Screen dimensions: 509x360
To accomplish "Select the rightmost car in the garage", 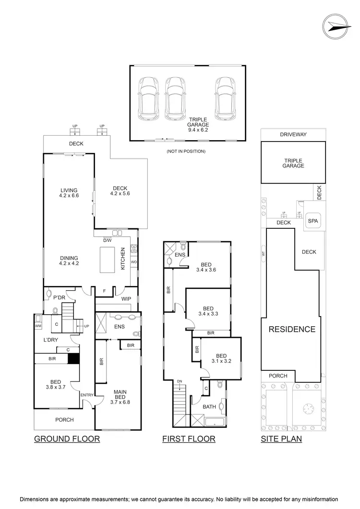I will (225, 99).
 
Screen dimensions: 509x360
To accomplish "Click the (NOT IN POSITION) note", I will (186, 151).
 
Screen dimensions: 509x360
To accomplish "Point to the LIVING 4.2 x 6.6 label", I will (69, 192).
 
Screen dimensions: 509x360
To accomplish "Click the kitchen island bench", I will (107, 260).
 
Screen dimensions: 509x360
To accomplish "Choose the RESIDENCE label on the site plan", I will (291, 329).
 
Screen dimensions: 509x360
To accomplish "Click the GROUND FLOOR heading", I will (67, 438).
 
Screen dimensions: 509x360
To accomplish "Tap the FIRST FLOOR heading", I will (189, 438).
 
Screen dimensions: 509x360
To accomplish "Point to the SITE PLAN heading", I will (281, 438).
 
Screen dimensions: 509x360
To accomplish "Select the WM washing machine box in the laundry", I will (38, 326).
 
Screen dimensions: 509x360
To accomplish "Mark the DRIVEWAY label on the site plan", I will (293, 135).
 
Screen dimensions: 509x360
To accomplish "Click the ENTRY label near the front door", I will (87, 395).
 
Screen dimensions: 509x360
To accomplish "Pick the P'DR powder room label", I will (59, 297).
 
